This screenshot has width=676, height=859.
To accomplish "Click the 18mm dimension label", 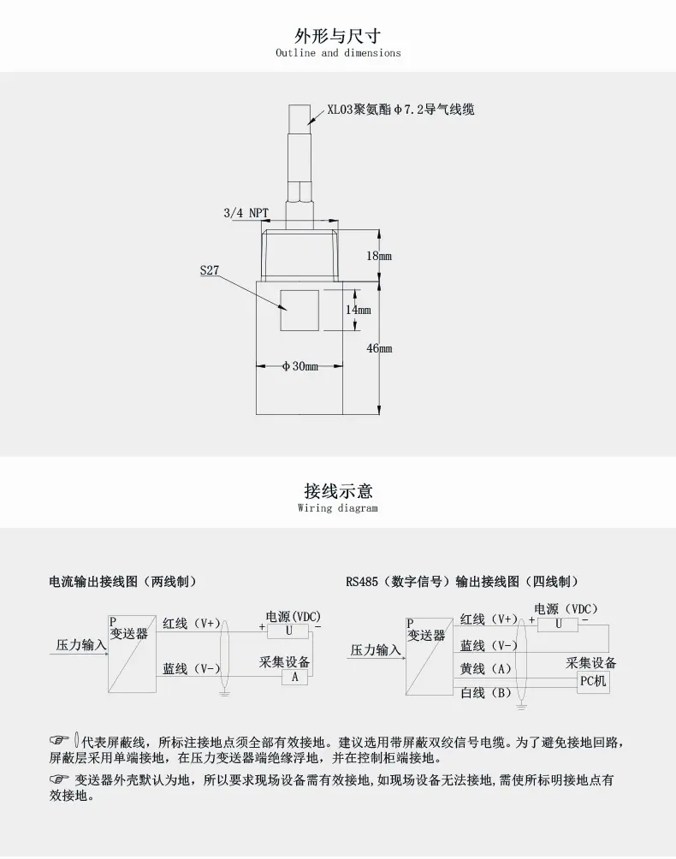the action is pos(379,256).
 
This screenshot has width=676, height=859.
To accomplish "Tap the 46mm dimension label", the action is pos(379,348).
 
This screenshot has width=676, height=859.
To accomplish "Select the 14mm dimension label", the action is pos(358,310).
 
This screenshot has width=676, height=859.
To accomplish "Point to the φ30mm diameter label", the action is pos(300,366).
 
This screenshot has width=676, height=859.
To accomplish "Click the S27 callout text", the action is pos(210,270).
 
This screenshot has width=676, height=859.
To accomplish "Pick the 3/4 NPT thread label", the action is pos(246,212).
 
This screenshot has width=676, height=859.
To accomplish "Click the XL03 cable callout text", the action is pos(401,109).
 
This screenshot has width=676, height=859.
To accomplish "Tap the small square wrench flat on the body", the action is pos(299,310).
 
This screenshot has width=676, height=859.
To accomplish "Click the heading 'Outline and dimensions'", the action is pos(338,53).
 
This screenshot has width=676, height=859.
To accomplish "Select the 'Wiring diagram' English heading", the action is pos(338,508).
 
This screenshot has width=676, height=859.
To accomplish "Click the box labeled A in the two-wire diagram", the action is pos(294,677).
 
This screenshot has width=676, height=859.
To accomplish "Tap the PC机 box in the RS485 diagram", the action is pos(593,682).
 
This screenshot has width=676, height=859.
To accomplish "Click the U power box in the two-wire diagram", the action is pos(288,631).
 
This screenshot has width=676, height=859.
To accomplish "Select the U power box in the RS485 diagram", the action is pos(558,624).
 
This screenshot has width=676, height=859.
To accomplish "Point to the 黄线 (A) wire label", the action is pos(485,669).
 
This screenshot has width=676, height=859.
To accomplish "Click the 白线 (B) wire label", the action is pos(485,693).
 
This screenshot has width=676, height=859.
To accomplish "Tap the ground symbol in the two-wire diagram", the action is pos(224,694).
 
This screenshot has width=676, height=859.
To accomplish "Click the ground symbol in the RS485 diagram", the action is pos(521,708).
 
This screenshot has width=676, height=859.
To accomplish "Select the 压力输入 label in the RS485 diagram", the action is pos(376,649).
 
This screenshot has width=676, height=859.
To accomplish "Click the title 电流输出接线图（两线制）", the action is pos(122,581).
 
